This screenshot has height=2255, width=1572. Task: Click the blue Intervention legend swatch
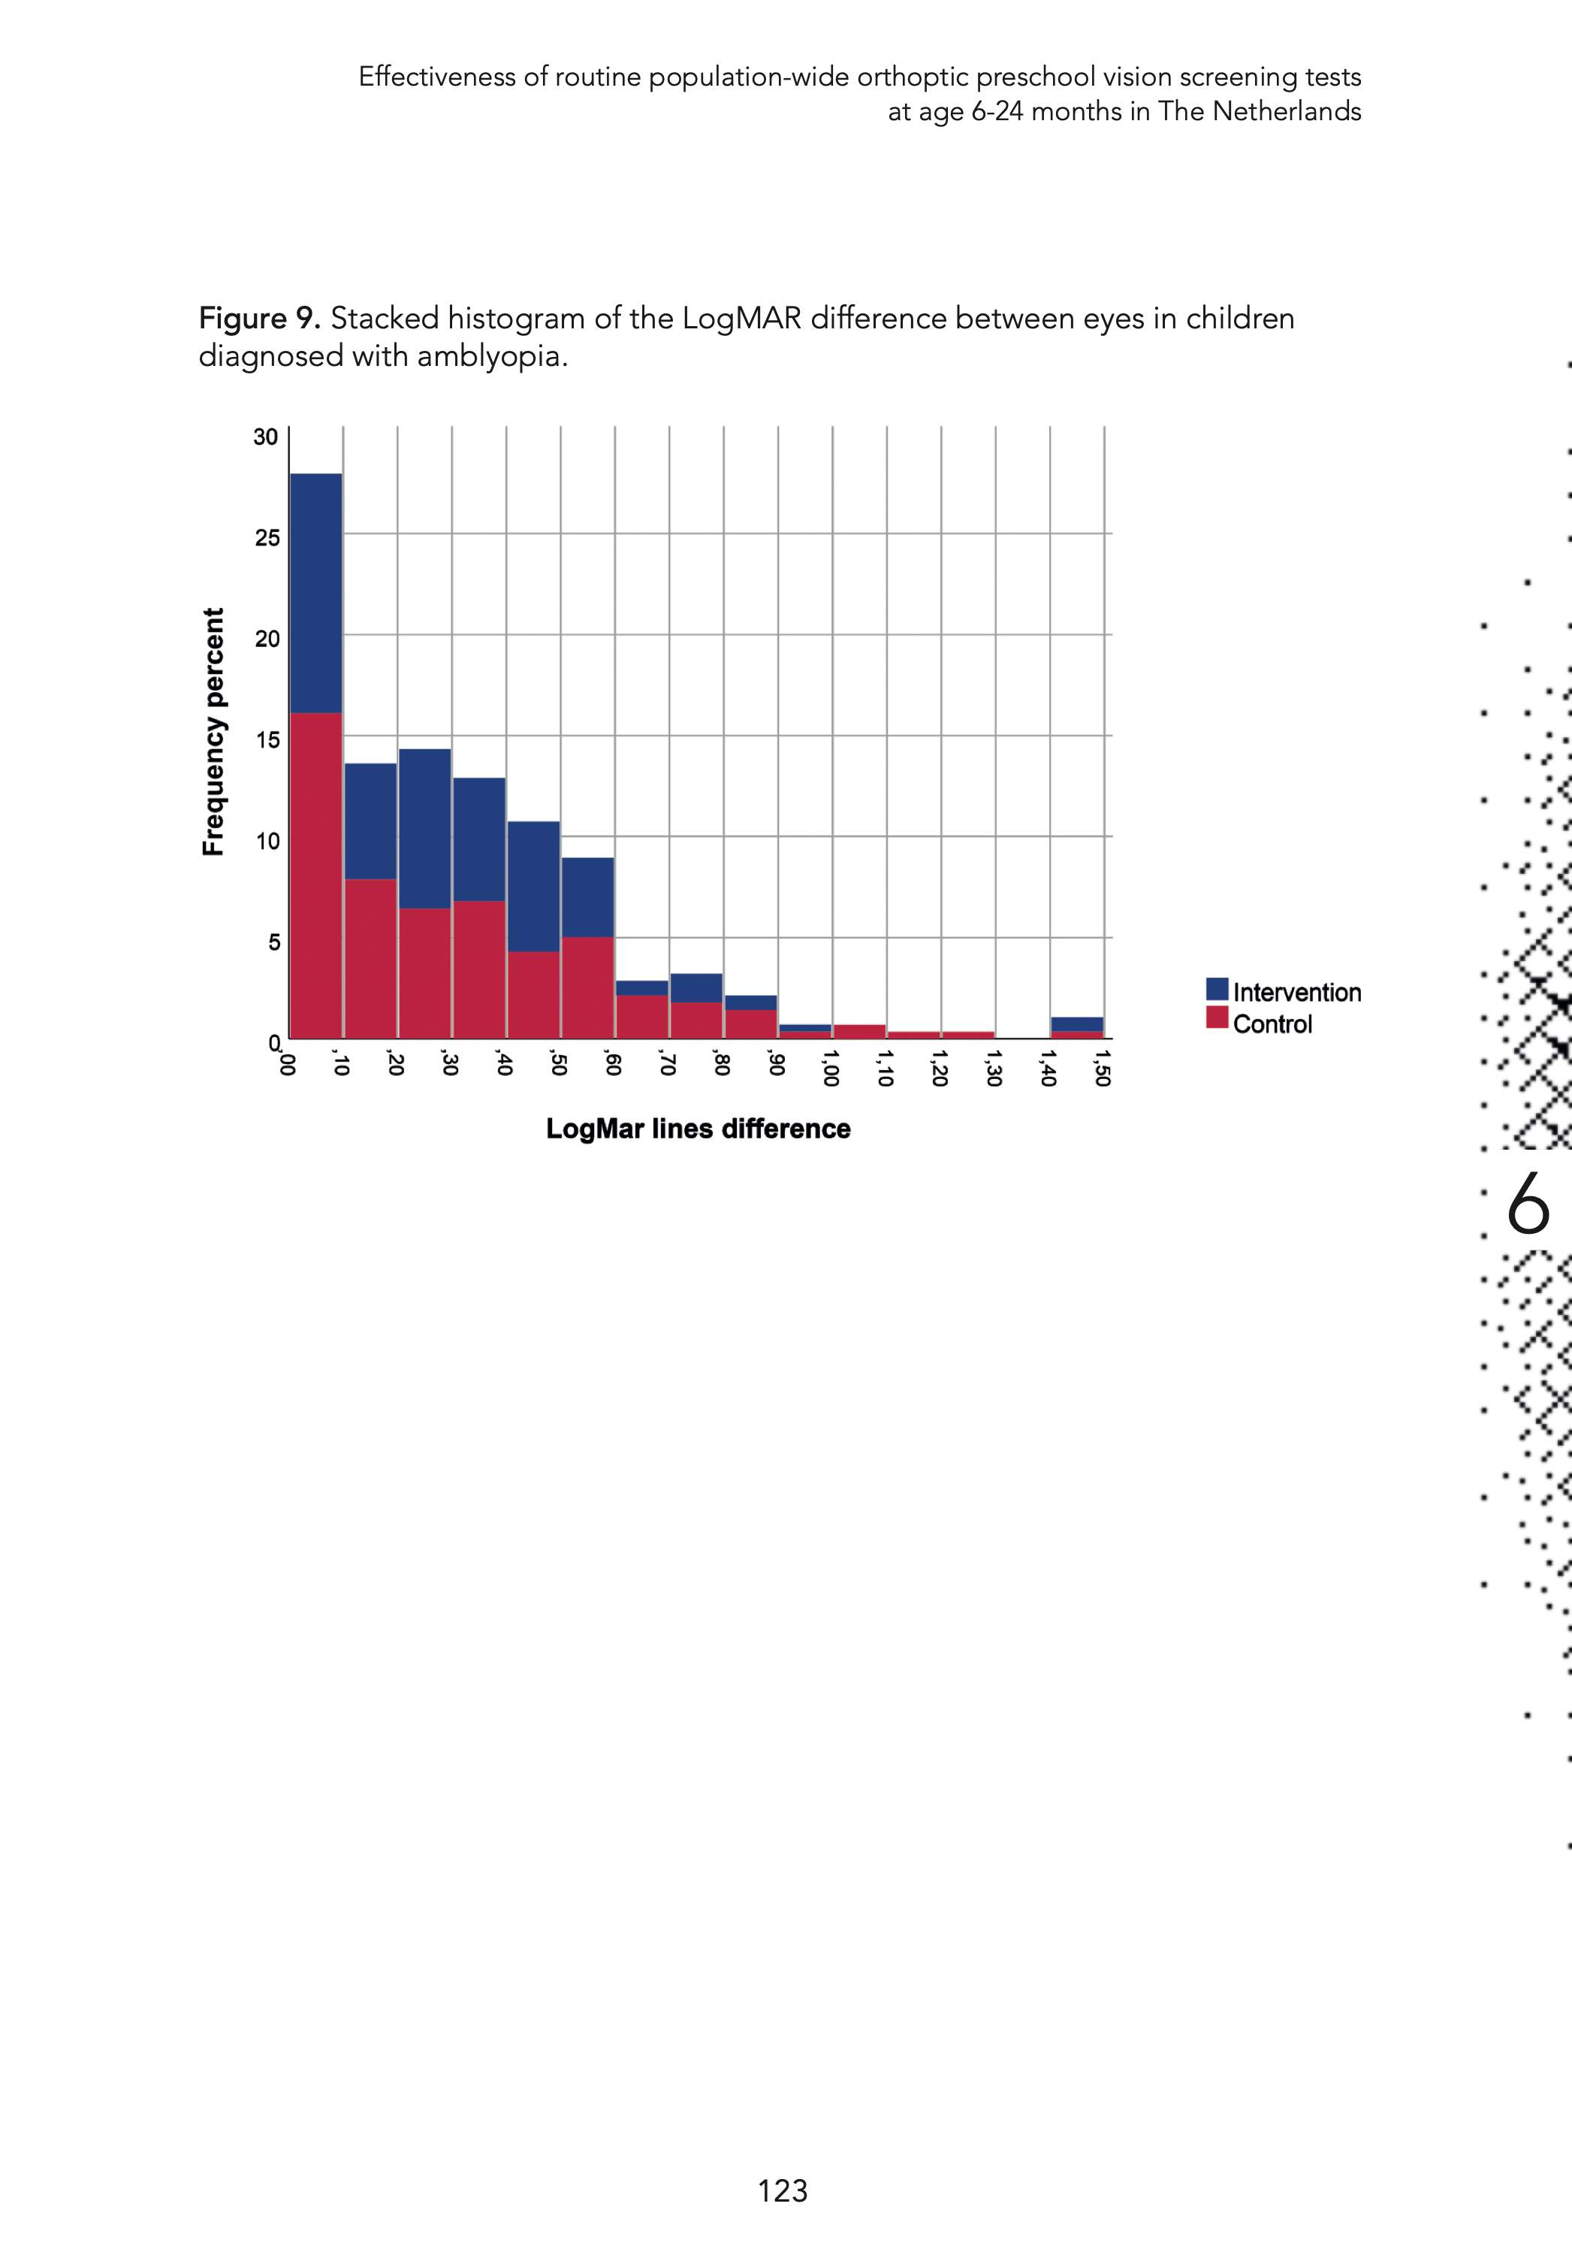1217,989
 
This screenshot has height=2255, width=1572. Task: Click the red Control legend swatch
1217,1018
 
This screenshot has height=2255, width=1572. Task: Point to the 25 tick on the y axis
267,538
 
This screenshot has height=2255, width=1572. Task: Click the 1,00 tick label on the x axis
830,1068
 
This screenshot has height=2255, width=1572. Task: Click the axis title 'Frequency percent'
213,732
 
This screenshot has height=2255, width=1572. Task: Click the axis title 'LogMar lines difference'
698,1129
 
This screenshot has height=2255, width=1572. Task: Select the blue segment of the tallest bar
316,592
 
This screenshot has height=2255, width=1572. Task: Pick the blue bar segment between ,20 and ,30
425,828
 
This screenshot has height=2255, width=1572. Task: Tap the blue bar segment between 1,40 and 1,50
1077,1024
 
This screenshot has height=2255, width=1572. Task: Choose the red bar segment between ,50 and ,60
588,987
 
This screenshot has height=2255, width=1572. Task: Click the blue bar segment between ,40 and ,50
534,886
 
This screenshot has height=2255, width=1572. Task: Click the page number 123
783,2191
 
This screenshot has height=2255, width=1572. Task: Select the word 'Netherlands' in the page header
1287,111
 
